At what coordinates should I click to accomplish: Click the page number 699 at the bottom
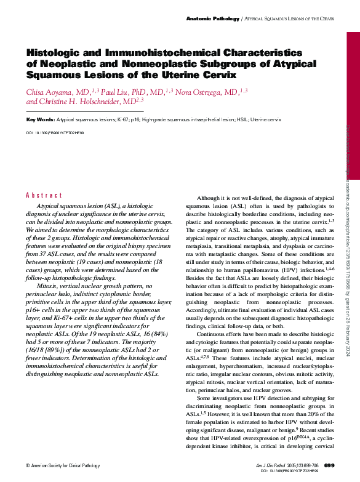coord(329,465)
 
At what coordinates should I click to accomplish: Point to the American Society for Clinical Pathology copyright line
coord(62,465)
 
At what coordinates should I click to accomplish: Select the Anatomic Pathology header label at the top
coord(212,19)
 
